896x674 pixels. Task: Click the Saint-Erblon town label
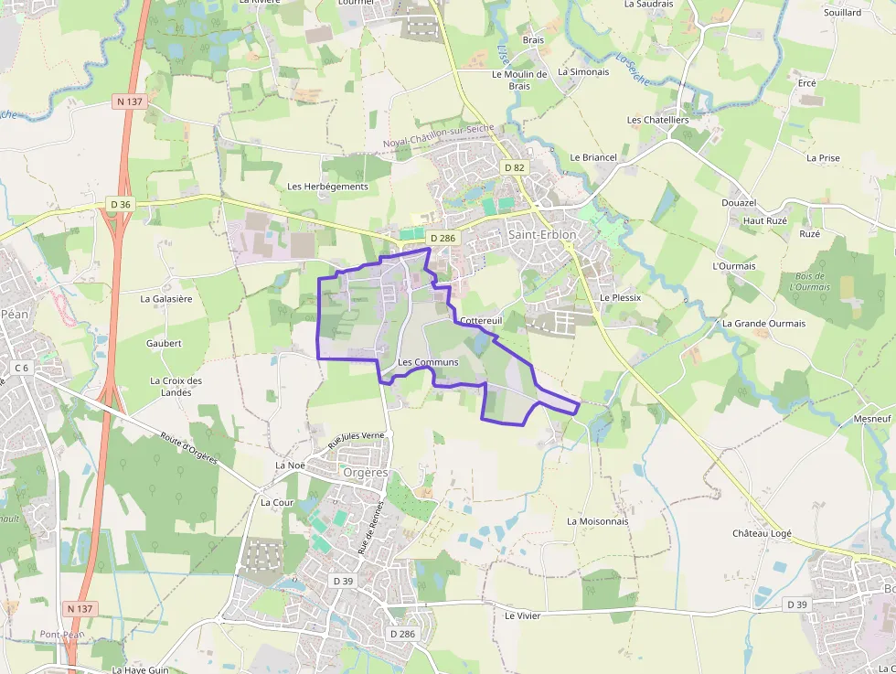(542, 234)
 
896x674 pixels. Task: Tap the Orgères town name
(366, 473)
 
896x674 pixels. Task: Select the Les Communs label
(428, 363)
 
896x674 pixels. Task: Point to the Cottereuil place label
(482, 321)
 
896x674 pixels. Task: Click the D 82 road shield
(515, 167)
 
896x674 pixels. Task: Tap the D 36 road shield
(121, 204)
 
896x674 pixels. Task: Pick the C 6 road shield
(22, 368)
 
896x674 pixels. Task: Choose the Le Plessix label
(620, 298)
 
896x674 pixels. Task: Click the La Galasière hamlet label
(165, 298)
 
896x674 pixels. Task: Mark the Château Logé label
(762, 533)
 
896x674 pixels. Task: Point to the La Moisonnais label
(598, 521)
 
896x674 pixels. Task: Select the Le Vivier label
(522, 616)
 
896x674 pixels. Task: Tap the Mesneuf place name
(871, 418)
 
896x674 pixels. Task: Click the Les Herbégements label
(327, 187)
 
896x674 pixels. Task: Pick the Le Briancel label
(593, 157)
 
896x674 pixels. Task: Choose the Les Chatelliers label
(657, 120)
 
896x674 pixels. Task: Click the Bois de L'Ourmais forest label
(809, 281)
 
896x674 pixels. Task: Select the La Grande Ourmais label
(763, 324)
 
